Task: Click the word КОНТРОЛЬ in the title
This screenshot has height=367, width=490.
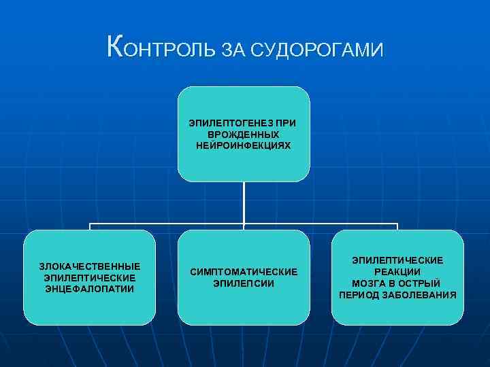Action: coord(162,48)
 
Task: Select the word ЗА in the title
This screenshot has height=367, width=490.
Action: coord(233,50)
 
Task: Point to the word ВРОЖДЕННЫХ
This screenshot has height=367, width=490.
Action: coord(244,135)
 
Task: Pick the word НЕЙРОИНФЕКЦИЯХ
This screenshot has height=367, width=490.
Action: coord(244,145)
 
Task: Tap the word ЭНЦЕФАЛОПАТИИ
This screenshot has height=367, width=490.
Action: coord(89,289)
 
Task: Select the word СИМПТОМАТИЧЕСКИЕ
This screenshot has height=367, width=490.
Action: coord(244,272)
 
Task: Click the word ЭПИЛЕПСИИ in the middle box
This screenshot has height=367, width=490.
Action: coord(244,283)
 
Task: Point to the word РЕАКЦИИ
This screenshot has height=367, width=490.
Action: coord(397,272)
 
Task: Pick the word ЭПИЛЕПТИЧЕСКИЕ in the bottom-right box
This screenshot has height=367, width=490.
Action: coord(397,260)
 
